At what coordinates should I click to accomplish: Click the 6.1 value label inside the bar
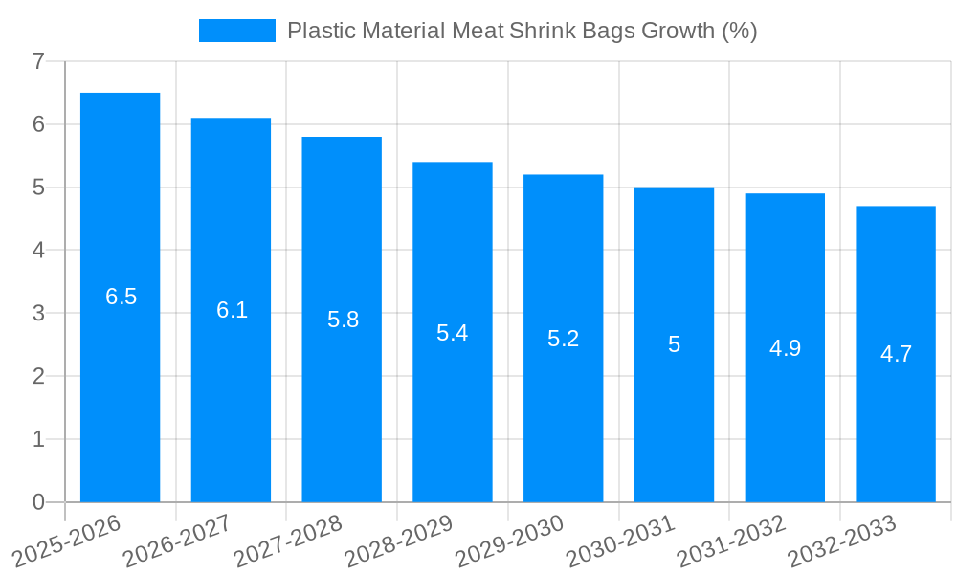(232, 310)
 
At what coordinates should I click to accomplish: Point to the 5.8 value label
(343, 320)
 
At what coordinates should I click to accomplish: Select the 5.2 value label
(563, 339)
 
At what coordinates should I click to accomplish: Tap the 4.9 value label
(785, 348)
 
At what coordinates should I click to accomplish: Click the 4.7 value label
(896, 354)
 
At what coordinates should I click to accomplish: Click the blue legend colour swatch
(236, 31)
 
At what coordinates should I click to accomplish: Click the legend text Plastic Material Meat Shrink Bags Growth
(522, 31)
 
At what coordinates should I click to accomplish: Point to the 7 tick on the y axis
(38, 61)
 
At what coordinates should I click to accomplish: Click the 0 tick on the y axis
(38, 502)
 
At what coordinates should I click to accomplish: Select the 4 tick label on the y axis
(38, 251)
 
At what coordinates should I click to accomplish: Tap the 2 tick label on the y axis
(38, 376)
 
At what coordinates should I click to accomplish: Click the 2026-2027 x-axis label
(177, 541)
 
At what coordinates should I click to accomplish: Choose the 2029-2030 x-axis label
(510, 541)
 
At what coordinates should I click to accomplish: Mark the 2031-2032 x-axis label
(731, 541)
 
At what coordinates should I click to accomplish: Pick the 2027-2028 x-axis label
(288, 541)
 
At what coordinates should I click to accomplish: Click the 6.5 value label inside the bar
(121, 297)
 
